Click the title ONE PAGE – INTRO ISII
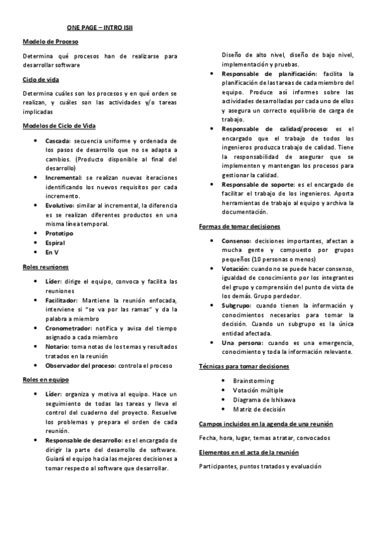100,28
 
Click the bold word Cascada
58,141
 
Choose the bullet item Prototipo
59,233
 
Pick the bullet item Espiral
55,243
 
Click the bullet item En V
52,252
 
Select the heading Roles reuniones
46,266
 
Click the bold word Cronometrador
68,327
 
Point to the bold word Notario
57,346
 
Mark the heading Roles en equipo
46,380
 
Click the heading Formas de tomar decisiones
239,226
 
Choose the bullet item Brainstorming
253,381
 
